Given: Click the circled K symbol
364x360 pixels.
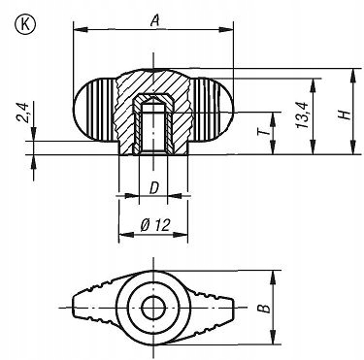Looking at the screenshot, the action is click(x=25, y=25).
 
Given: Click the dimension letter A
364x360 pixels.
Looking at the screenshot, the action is click(x=155, y=20).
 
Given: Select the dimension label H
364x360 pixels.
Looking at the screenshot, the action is click(x=345, y=115).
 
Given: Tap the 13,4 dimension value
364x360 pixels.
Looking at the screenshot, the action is click(x=303, y=115).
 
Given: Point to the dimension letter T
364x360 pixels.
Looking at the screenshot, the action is click(x=264, y=131).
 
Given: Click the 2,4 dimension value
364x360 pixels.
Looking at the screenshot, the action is click(x=23, y=113).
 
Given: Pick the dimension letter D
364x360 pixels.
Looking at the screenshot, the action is click(x=154, y=188).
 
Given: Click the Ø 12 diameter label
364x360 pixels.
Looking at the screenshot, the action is click(x=155, y=224).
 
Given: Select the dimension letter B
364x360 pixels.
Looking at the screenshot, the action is click(x=264, y=308).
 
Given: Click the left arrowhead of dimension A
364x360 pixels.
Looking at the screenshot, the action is click(x=81, y=30).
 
